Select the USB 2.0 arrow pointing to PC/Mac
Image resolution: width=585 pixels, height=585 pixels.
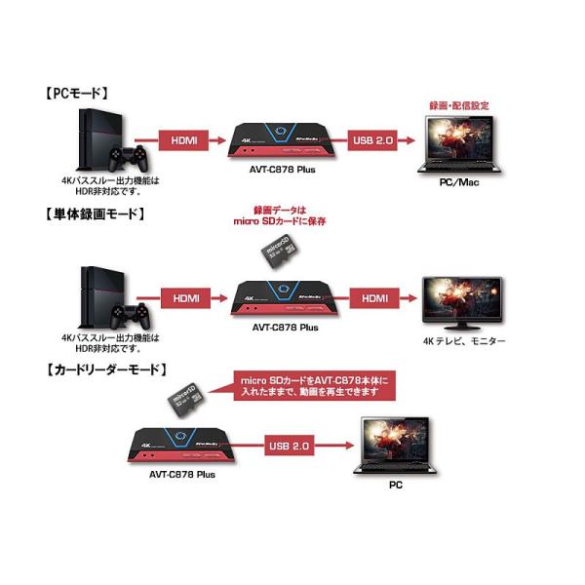point(374,141)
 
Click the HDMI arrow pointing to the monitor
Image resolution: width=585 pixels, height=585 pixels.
point(374,296)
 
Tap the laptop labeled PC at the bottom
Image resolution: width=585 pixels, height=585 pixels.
point(395,444)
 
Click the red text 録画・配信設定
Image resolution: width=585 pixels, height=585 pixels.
point(458,104)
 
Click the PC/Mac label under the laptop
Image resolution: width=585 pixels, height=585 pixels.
point(457,181)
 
